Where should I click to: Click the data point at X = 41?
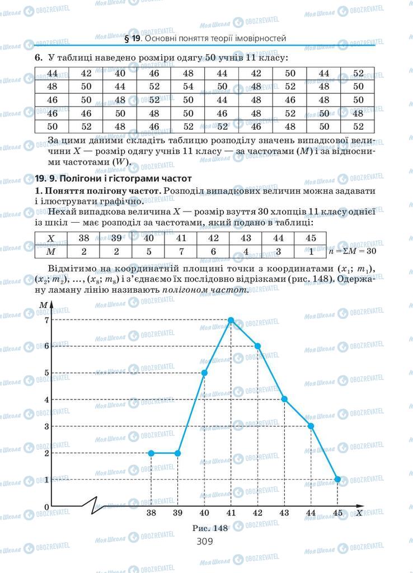(x=231, y=320)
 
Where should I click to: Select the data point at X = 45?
(x=337, y=479)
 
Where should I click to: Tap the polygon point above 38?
(x=151, y=453)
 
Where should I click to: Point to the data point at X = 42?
(x=257, y=346)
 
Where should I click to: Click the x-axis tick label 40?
(x=204, y=513)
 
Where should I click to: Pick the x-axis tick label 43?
(x=284, y=513)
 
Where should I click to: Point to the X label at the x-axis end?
(x=359, y=512)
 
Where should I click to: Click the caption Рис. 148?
(x=209, y=528)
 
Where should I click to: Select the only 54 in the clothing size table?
(x=188, y=87)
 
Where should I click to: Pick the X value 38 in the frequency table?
(x=85, y=238)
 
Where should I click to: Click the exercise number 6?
(x=38, y=58)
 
